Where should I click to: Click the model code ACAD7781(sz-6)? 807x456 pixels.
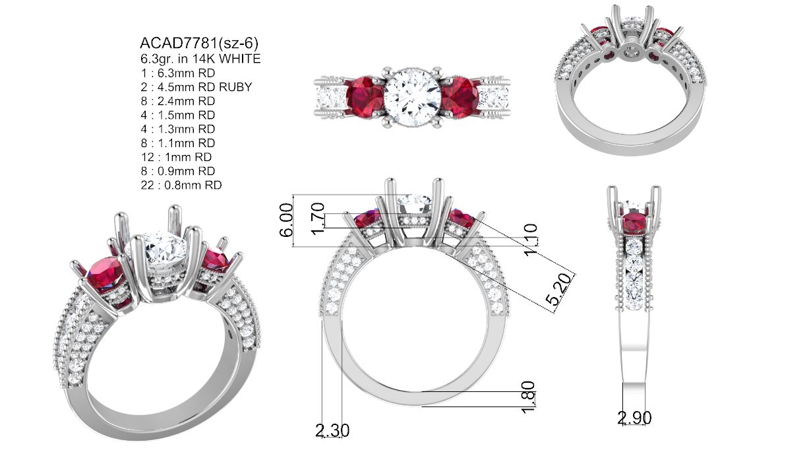point(199,44)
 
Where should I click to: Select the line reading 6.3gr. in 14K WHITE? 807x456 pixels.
point(200,59)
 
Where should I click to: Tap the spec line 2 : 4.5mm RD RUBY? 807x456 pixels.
point(196,87)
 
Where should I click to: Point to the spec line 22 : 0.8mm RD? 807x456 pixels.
point(181,185)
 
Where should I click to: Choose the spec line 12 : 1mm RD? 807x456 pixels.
point(177,157)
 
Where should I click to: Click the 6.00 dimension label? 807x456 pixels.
point(286,220)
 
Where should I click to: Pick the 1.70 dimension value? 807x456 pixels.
point(318,219)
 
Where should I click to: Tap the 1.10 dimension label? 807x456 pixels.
point(531,240)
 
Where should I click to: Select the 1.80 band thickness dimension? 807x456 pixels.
point(528,397)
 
